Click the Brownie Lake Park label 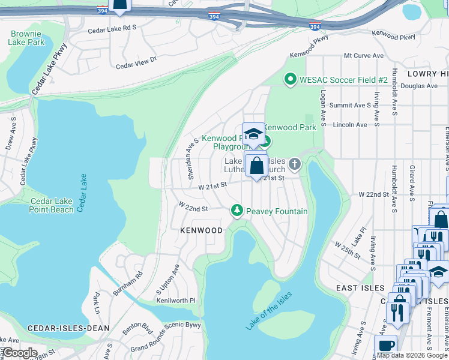point(26,38)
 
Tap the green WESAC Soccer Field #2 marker point(291,79)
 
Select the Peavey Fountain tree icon point(238,211)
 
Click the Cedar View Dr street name point(136,62)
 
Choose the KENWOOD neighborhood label point(202,230)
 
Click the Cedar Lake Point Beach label point(52,205)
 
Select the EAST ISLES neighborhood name point(360,288)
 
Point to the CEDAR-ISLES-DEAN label point(68,328)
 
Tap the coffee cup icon point(385,346)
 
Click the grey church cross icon point(294,164)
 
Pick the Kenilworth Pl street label point(176,300)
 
